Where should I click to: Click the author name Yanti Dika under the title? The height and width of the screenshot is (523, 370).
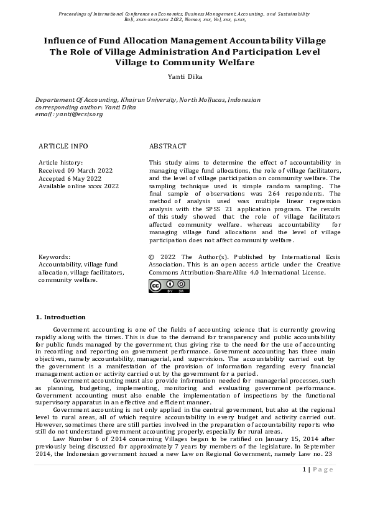[x=185, y=77]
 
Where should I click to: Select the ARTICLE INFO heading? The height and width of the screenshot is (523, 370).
[x=63, y=146]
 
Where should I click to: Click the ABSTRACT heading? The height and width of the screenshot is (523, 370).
[x=167, y=146]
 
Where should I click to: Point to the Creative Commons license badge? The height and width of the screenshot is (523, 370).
[x=169, y=286]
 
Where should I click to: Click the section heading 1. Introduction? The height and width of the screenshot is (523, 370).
[x=61, y=317]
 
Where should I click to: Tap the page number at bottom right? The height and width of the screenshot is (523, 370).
[x=318, y=487]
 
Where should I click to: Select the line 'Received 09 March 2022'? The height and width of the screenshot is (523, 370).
[x=75, y=170]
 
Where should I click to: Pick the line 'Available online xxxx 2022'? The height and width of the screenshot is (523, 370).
[x=78, y=186]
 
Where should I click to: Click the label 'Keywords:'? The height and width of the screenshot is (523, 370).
[x=54, y=257]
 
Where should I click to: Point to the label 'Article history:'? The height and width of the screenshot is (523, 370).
[x=60, y=162]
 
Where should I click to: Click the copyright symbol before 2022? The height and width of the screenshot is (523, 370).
[x=152, y=257]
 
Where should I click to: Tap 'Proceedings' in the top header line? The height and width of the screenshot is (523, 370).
[x=75, y=13]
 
